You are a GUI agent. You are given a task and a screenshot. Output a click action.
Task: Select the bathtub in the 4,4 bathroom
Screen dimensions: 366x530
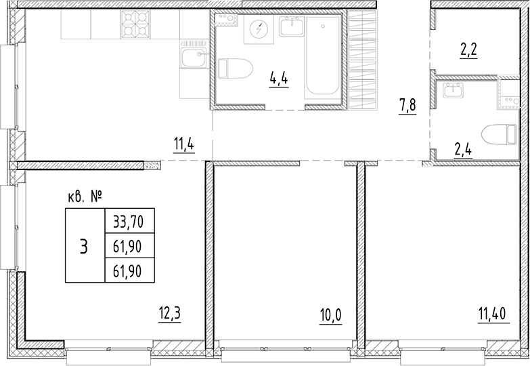point(324,57)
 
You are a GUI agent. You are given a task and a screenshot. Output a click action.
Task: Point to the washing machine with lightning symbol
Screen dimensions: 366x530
point(258,30)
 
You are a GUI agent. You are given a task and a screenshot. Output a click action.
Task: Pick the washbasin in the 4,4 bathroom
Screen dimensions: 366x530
point(292,27)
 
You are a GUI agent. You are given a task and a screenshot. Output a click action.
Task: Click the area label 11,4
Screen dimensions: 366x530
point(184,144)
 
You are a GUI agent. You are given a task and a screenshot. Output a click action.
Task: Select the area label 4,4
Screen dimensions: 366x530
point(279,79)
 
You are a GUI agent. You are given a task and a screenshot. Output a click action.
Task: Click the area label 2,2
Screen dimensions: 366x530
point(469,50)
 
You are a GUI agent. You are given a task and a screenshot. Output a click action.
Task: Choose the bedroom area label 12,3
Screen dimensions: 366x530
point(171,314)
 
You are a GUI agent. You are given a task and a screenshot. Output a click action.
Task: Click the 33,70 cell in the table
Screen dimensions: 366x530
point(129,220)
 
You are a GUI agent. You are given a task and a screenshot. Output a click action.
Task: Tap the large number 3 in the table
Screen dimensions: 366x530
point(84,245)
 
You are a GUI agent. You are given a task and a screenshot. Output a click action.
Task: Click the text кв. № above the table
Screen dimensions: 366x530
point(85,197)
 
